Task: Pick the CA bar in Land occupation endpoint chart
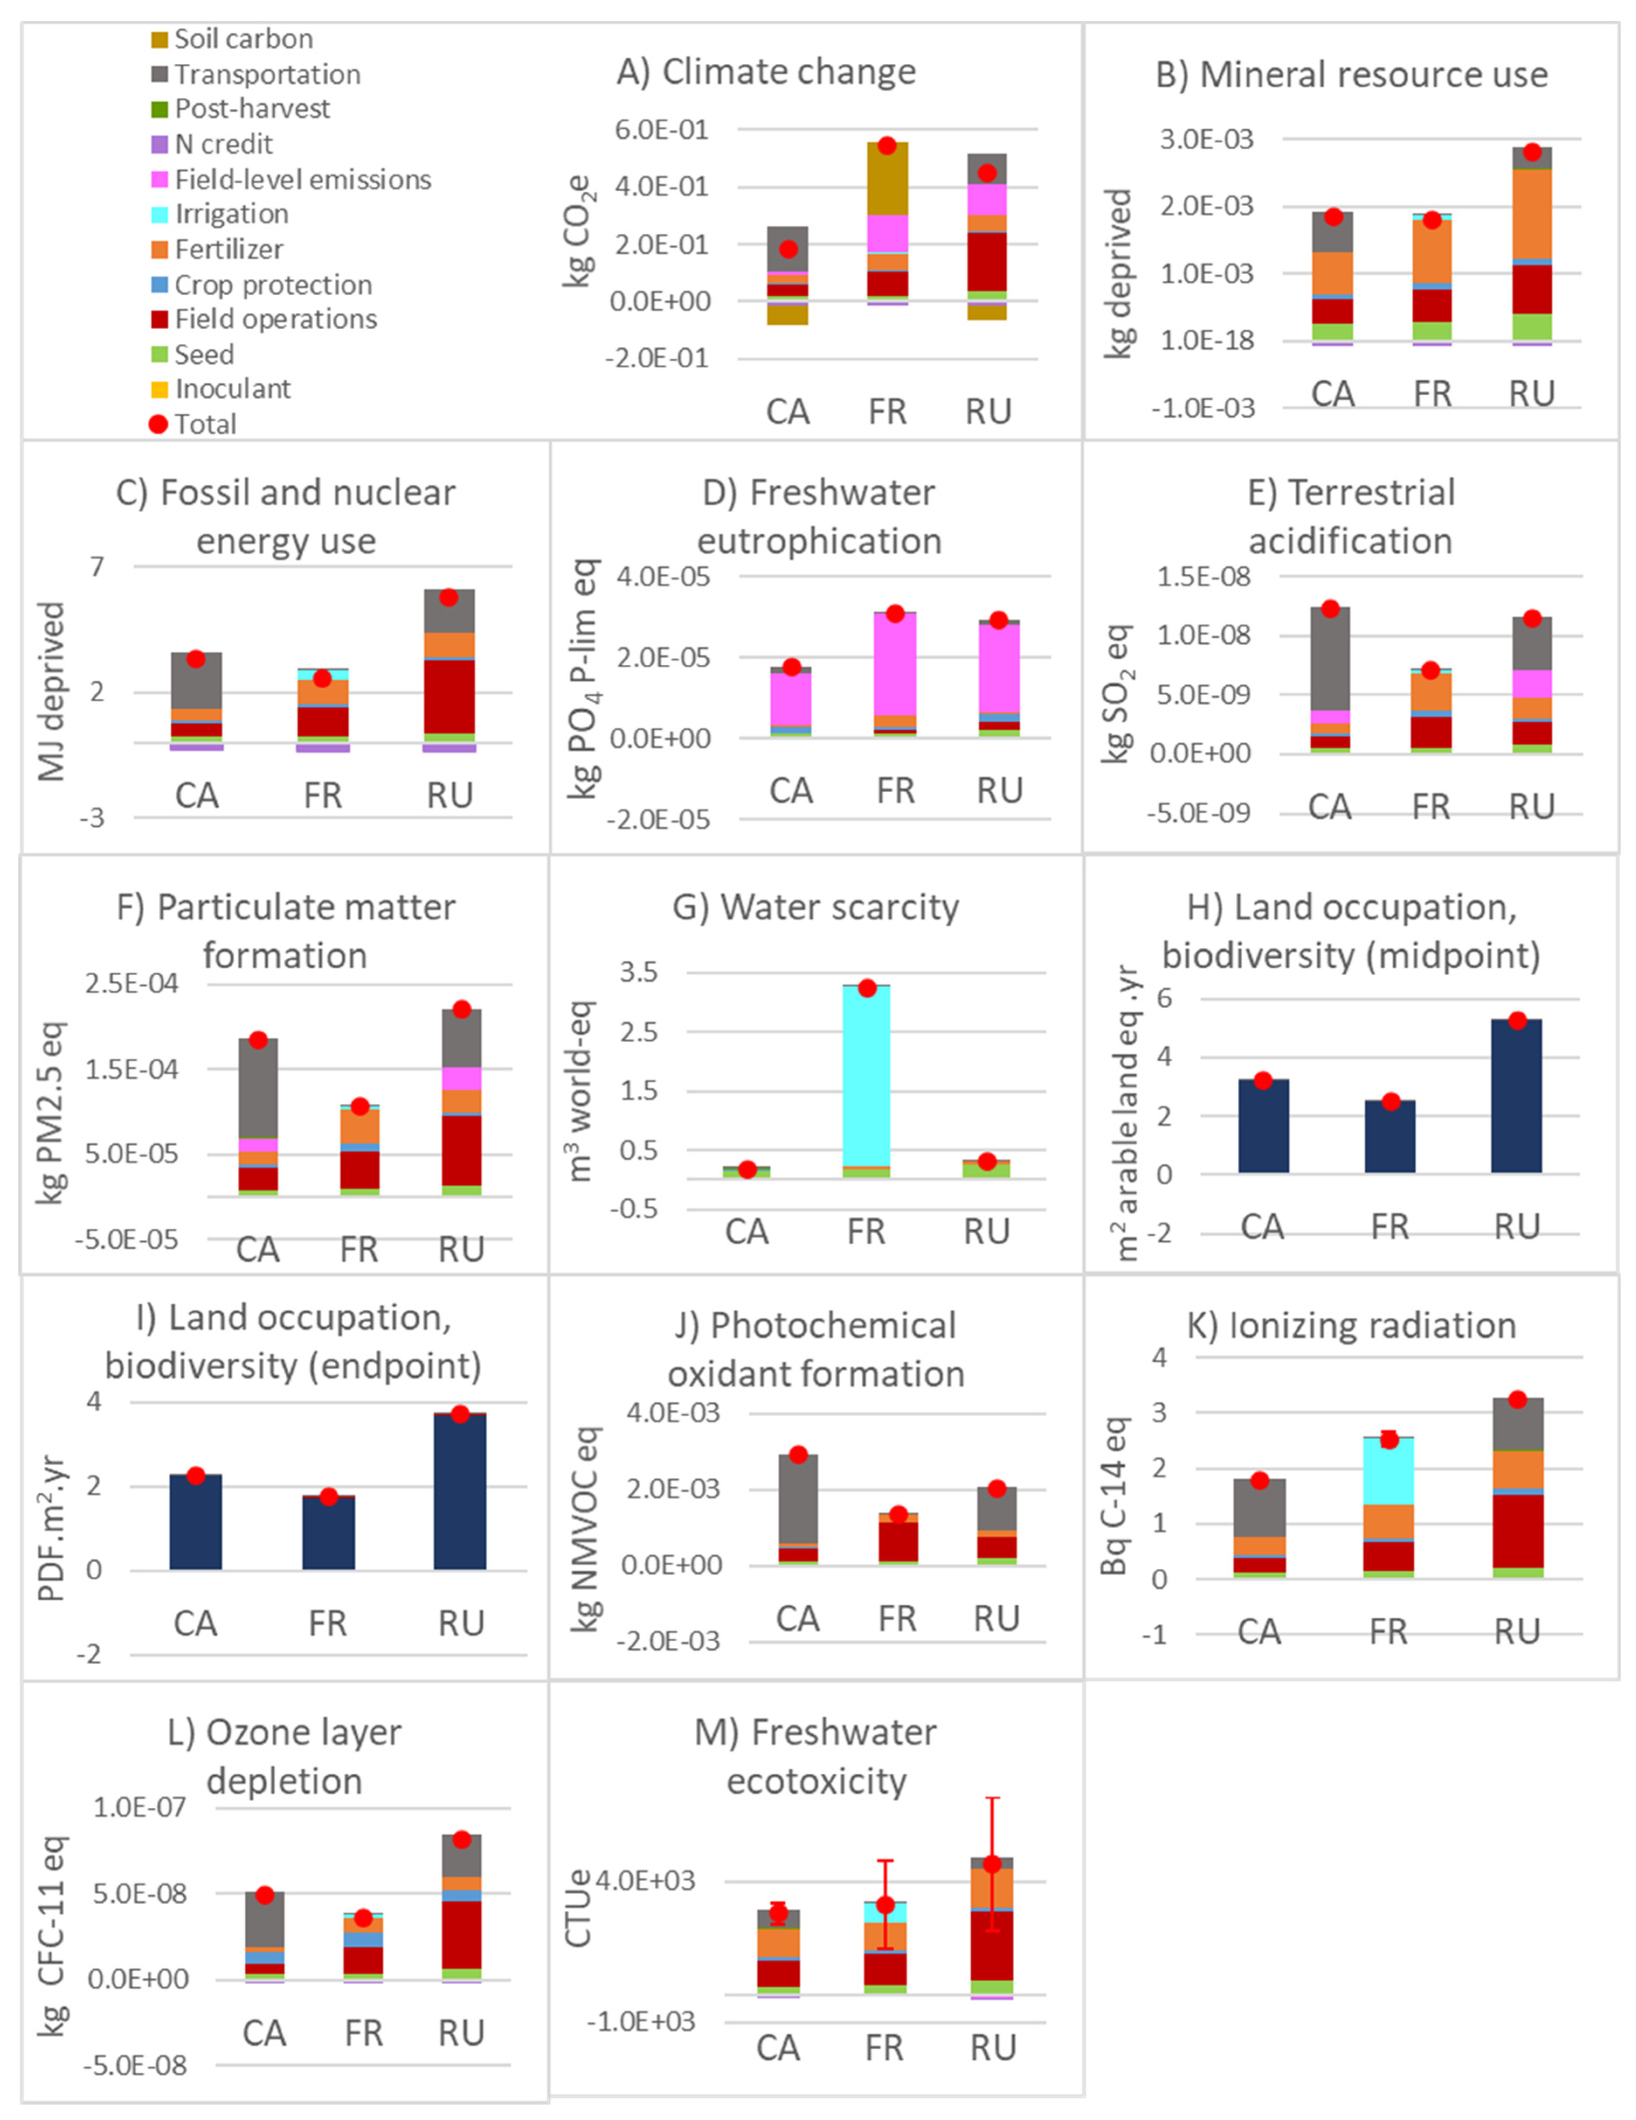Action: tap(195, 1522)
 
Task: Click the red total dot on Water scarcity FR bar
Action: tap(867, 988)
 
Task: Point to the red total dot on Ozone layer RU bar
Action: tap(462, 1840)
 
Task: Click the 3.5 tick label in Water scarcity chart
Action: tap(639, 972)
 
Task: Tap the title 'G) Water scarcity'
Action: tap(815, 907)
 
